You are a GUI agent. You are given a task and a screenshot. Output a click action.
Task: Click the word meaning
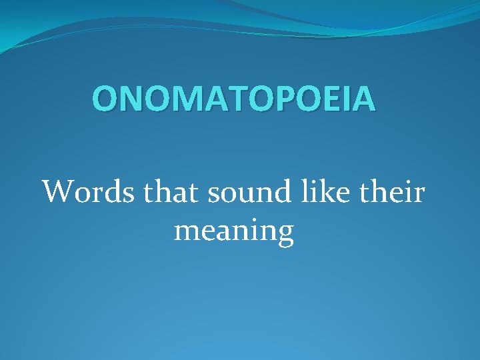click(234, 232)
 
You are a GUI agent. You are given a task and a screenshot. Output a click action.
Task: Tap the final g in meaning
click(285, 235)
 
